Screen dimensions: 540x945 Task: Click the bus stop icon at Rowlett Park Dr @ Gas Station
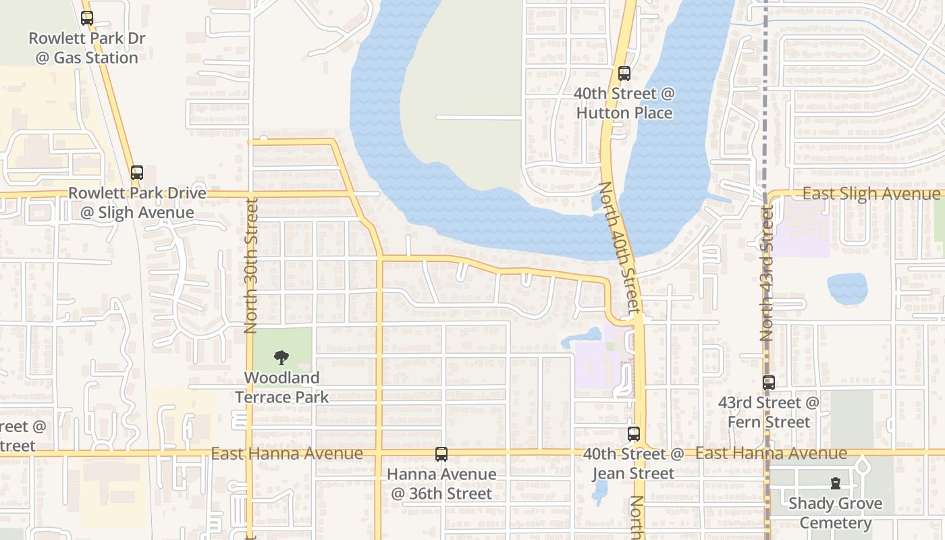[87, 18]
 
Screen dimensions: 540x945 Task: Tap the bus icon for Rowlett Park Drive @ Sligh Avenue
[137, 173]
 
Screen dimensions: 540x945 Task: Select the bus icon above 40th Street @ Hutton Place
[624, 74]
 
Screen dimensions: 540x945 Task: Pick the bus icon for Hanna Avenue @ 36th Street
[441, 454]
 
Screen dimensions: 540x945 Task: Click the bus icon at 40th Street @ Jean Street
[633, 434]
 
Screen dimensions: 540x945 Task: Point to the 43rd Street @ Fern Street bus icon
[769, 383]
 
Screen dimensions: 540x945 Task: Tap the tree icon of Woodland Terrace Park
[281, 358]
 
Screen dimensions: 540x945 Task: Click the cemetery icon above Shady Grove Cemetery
[836, 483]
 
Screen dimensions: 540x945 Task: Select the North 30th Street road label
[251, 265]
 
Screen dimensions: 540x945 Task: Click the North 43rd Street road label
[767, 273]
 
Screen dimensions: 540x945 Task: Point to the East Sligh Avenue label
[871, 194]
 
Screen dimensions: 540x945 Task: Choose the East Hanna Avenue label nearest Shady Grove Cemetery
[771, 453]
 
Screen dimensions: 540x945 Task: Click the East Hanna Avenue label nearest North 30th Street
[287, 454]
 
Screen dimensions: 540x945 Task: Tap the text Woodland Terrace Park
[282, 387]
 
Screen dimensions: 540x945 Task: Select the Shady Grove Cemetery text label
[836, 513]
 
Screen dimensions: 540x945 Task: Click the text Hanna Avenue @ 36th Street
[441, 484]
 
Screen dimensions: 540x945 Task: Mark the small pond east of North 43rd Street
[847, 288]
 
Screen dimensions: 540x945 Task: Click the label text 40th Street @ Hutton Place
[624, 103]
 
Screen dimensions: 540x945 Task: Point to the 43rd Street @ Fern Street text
[769, 412]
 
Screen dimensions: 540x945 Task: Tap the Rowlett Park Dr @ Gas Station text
[86, 48]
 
